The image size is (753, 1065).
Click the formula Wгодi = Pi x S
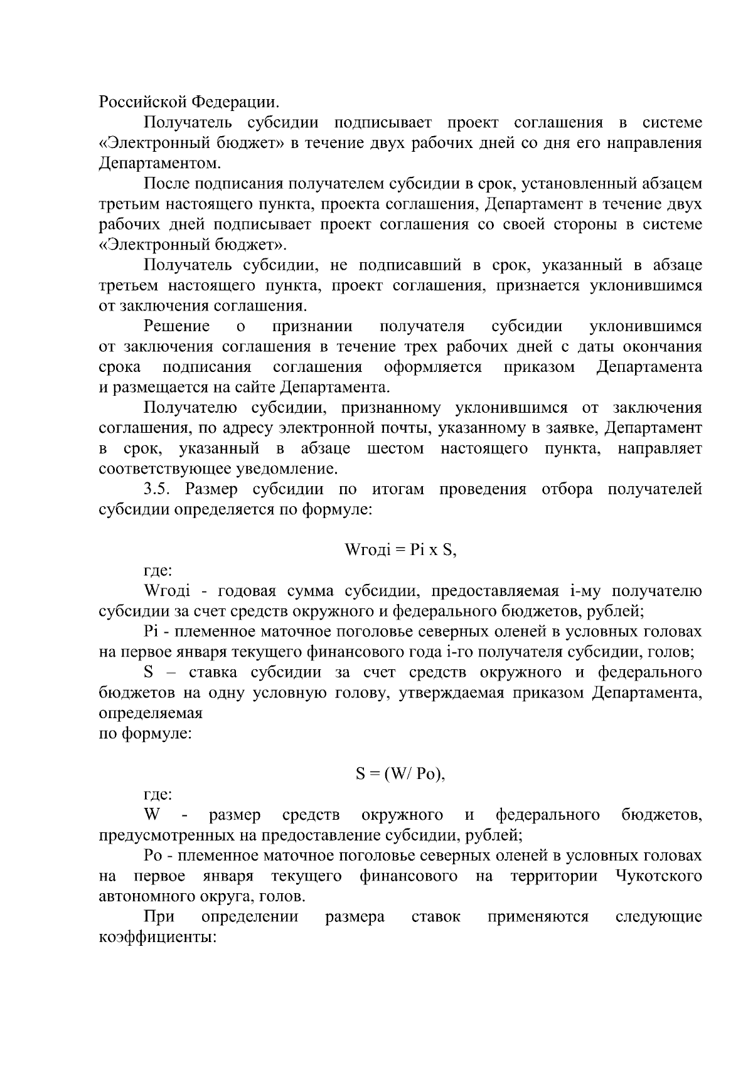pos(400,550)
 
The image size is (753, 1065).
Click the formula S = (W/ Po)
pos(400,774)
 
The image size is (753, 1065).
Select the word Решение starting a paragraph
pos(176,326)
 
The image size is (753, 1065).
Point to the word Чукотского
pos(660,876)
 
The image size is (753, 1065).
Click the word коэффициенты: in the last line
pos(158,937)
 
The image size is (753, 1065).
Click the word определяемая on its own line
pos(151,713)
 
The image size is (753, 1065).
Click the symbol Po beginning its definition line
pos(153,856)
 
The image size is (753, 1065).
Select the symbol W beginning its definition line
pos(151,815)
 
